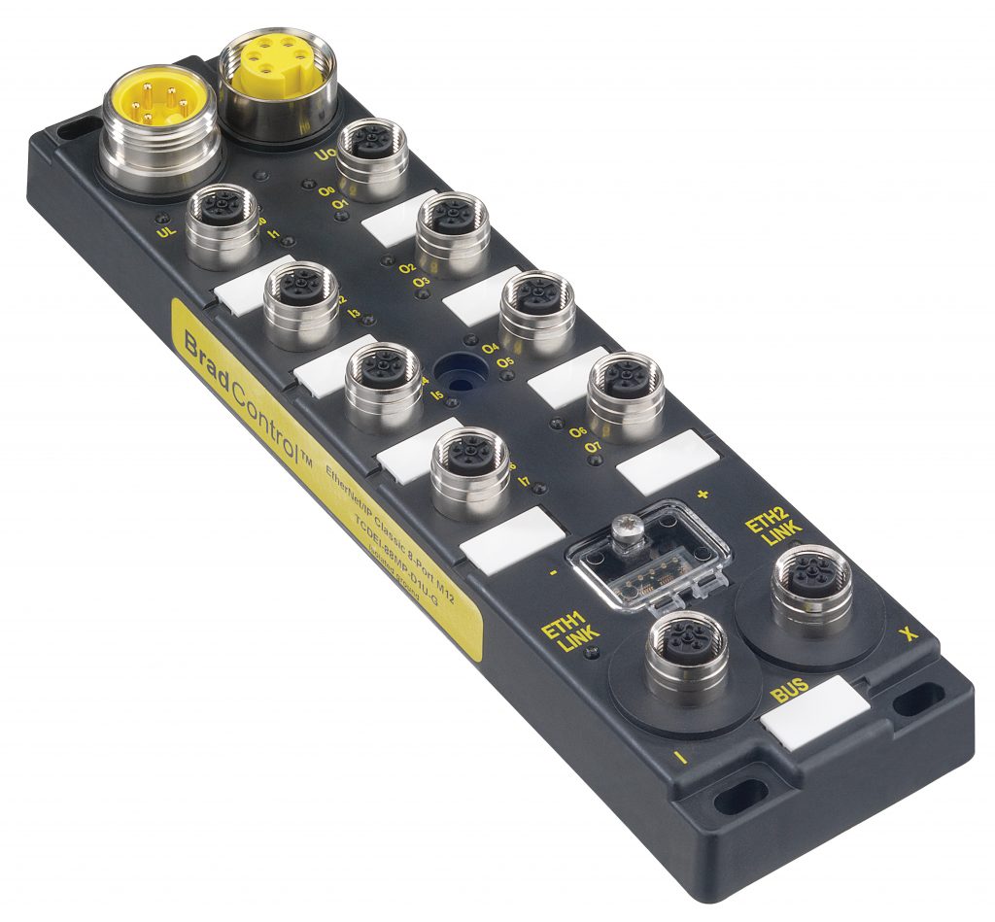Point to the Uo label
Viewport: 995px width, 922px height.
pyautogui.click(x=326, y=155)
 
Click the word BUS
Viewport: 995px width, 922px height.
pyautogui.click(x=789, y=694)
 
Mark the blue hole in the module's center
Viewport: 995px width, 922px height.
pyautogui.click(x=453, y=370)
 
